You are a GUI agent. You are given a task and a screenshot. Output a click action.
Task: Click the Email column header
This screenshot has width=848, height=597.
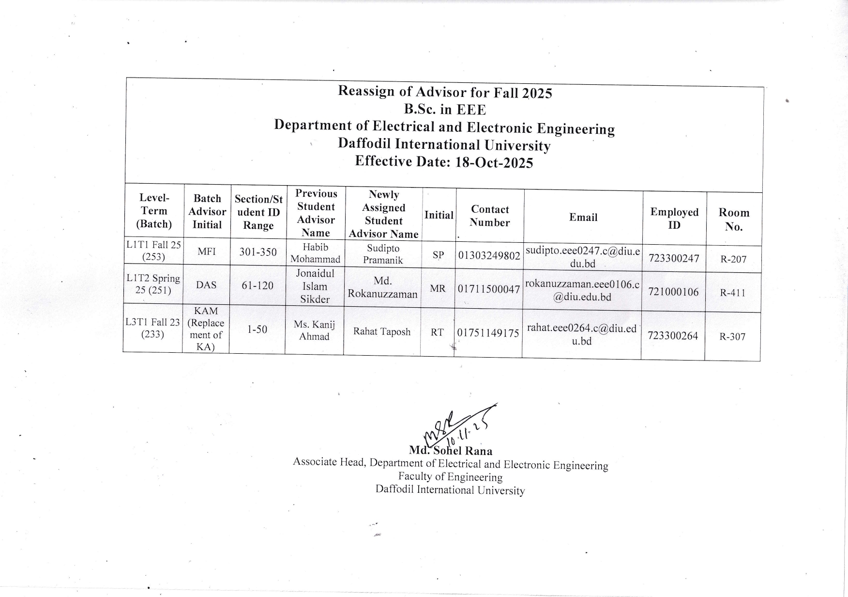point(583,218)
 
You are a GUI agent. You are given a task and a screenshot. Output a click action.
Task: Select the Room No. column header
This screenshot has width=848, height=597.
point(734,220)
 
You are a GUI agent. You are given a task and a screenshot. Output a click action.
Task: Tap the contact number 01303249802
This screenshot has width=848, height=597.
point(489,255)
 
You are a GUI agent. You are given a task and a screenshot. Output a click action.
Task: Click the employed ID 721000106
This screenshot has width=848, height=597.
point(673,292)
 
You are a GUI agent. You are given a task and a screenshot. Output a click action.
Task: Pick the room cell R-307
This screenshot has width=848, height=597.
point(732,337)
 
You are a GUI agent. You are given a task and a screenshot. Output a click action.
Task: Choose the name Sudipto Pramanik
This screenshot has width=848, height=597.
point(383,254)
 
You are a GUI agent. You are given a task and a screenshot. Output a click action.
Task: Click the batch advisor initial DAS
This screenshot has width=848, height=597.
point(207,285)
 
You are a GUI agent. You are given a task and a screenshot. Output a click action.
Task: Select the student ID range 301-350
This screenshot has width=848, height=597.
point(258,252)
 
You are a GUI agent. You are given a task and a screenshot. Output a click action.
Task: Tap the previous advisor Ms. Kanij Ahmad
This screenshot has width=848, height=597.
point(314,330)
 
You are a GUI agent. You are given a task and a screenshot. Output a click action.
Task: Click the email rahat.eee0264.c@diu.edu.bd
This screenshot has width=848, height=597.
point(581,334)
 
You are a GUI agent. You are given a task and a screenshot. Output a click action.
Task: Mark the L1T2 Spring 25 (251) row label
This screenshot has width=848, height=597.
point(153,284)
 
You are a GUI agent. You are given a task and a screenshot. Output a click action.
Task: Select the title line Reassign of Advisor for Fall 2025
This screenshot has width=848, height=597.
point(445,92)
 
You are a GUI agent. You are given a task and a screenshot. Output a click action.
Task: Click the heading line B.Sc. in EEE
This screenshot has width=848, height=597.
point(445,109)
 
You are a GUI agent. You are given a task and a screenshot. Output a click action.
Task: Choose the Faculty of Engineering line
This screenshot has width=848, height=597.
point(450,477)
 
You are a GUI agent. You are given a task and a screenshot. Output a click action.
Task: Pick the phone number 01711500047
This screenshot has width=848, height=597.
point(489,289)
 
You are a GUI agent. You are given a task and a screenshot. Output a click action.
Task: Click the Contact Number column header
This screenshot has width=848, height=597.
point(490,216)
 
